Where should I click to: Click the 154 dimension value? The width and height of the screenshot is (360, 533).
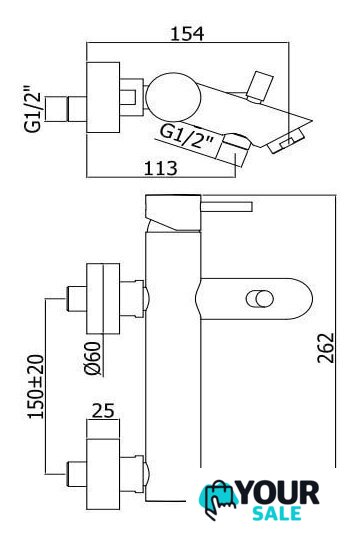(187, 33)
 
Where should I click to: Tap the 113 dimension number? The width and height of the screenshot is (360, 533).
(161, 168)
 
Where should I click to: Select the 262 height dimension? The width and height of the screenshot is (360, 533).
(326, 348)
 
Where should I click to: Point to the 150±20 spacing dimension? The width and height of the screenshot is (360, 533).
(36, 386)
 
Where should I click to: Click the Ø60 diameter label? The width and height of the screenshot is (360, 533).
(93, 358)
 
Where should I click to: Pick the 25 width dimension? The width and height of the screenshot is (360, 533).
(103, 411)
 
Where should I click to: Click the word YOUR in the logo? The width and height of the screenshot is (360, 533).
(279, 493)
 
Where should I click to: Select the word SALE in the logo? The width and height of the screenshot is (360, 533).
(277, 513)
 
